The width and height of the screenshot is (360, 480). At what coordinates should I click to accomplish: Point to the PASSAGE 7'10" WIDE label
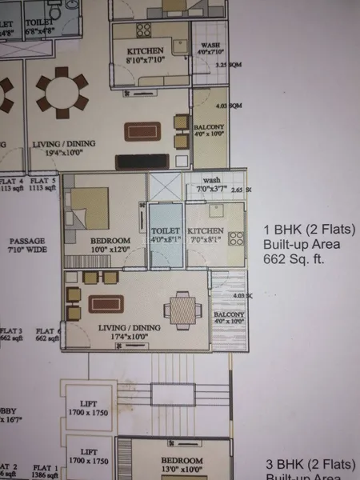[26, 245]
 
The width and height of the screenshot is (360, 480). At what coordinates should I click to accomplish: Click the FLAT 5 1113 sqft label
[41, 186]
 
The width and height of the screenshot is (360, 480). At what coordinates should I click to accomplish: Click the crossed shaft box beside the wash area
[166, 186]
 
